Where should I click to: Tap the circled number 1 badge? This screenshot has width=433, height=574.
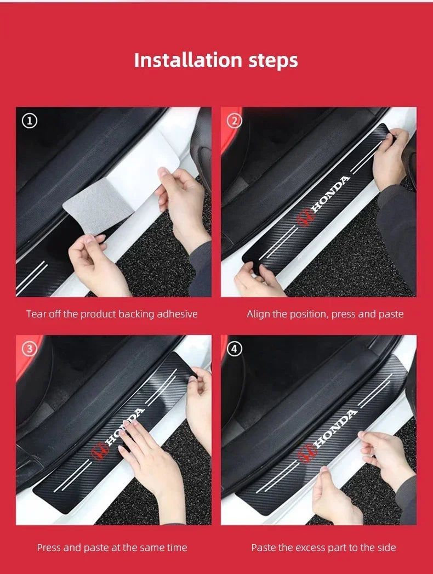(29, 121)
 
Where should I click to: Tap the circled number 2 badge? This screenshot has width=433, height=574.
(235, 121)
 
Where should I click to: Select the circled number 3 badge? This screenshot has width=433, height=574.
(29, 349)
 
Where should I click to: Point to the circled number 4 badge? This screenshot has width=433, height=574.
(235, 349)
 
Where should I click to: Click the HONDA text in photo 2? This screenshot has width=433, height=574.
(330, 195)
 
